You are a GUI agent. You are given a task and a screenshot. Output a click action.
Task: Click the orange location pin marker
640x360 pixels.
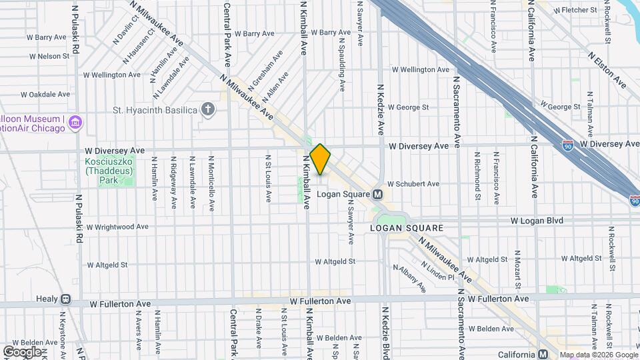point(320,159)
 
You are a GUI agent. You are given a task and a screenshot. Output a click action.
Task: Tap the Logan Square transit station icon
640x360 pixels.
point(377,194)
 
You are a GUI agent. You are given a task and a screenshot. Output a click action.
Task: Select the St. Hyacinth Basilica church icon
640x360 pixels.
point(208,109)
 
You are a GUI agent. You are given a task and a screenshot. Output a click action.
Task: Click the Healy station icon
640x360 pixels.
point(65,300)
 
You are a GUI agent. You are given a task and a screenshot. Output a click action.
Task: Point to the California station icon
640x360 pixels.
point(543,354)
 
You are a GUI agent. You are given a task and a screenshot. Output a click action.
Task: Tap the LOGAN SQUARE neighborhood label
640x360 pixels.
point(407,228)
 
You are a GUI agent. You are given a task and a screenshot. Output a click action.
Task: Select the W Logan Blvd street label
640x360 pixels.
point(537,220)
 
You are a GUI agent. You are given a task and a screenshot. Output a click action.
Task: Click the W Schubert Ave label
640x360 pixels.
point(415,184)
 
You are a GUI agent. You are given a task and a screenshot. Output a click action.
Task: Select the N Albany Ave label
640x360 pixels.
point(409,279)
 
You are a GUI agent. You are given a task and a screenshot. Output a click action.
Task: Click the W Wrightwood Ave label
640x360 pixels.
point(117,227)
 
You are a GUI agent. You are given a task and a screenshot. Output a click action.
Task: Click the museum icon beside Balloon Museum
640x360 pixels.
point(75,123)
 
